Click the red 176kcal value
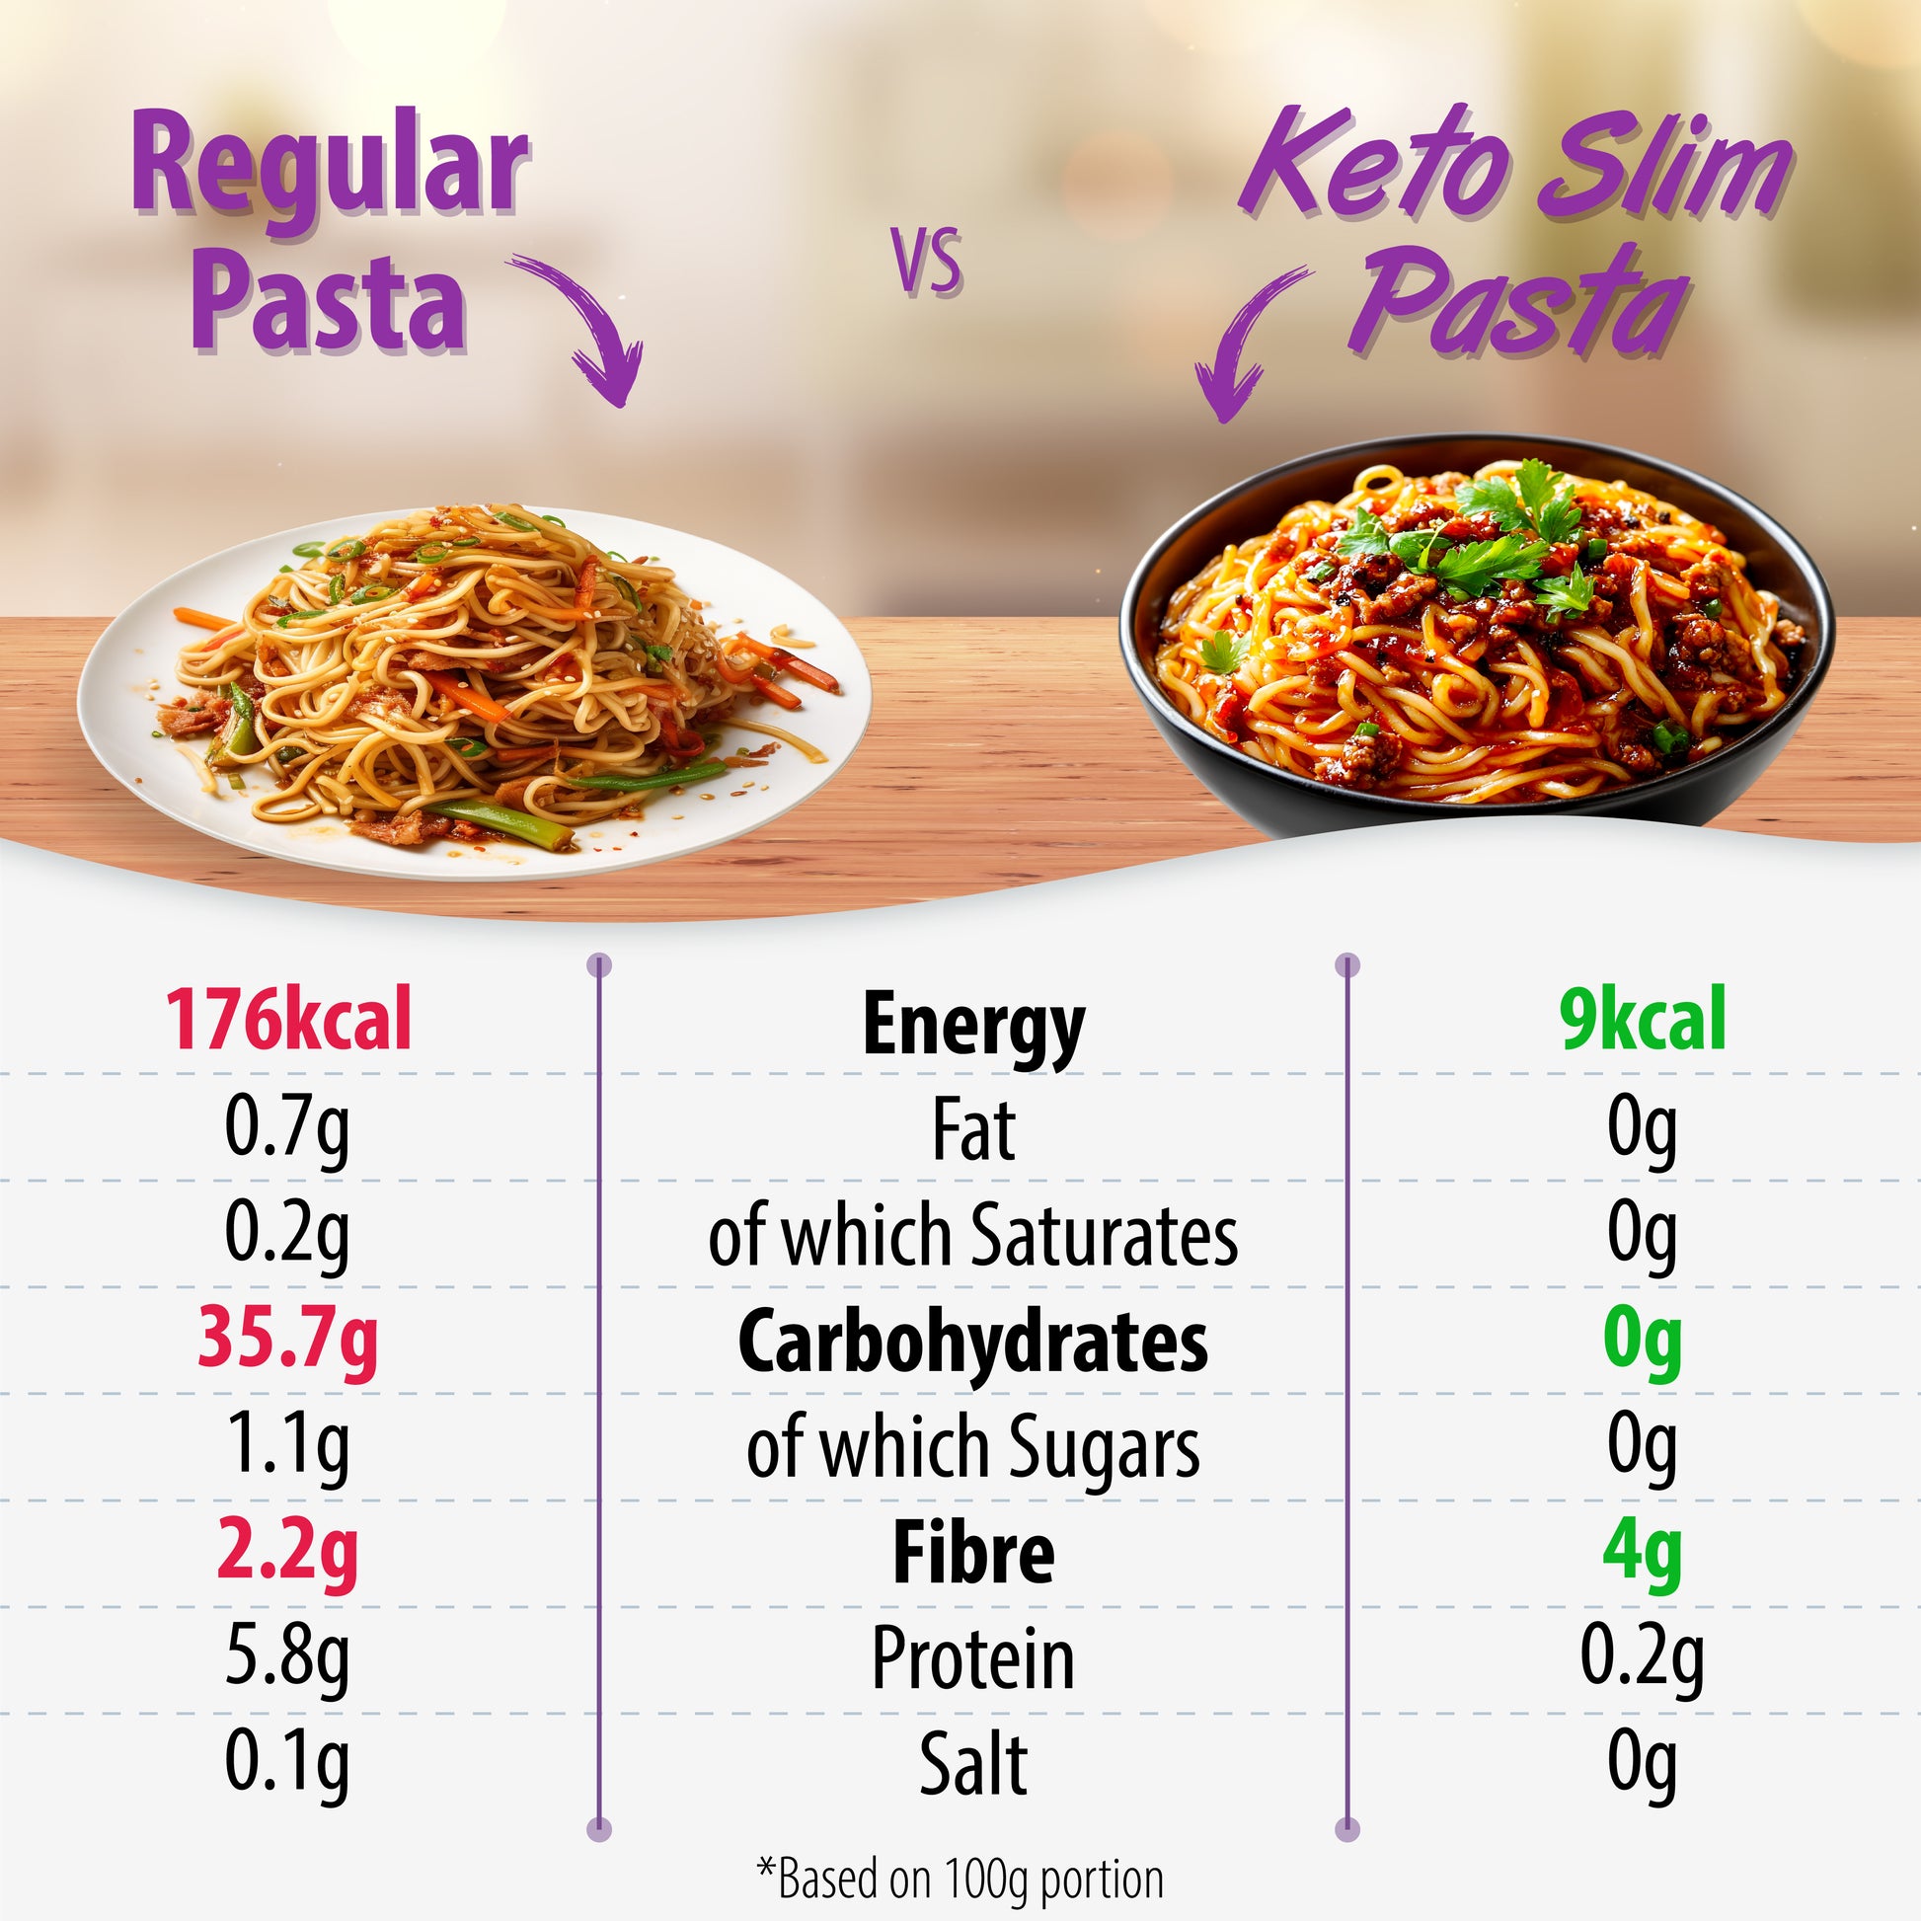coord(287,1020)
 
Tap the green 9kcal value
coord(1643,1020)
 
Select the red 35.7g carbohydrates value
coord(287,1339)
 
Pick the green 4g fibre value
coord(1642,1551)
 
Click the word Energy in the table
coord(972,1026)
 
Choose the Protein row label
coord(972,1657)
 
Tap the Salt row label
coord(972,1764)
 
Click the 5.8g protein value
coord(287,1657)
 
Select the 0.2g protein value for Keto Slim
coord(1642,1657)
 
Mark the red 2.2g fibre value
coord(287,1551)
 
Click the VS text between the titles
coord(927,263)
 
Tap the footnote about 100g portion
coord(960,1876)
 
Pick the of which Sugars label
coord(972,1447)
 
